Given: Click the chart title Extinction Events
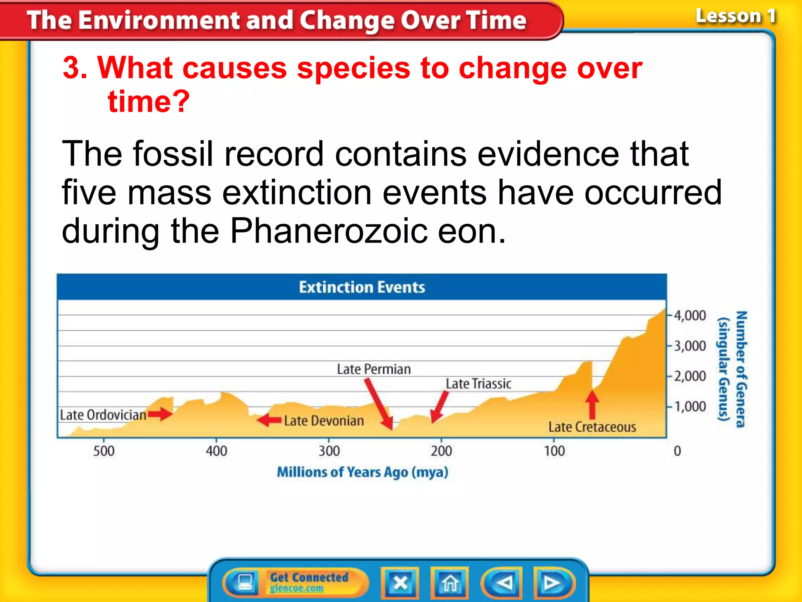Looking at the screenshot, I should click(x=362, y=287).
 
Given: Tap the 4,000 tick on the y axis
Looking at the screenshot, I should click(x=689, y=316).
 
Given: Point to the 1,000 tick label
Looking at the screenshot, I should click(x=689, y=406).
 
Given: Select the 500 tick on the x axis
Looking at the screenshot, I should click(x=104, y=451).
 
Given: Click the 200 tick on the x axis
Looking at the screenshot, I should click(x=441, y=451).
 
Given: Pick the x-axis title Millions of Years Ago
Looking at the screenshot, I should click(x=362, y=472).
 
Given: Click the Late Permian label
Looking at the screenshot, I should click(x=374, y=369).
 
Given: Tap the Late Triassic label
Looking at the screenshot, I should click(x=479, y=384).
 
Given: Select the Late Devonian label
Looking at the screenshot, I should click(x=323, y=421).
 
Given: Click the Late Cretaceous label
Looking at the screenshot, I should click(x=592, y=427).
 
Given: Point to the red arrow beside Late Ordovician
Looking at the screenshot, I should click(x=160, y=414).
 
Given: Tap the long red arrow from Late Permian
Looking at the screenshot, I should click(x=379, y=404).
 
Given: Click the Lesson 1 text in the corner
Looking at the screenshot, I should click(x=735, y=16).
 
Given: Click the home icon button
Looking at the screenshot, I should click(x=450, y=583).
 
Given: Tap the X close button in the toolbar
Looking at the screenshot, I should click(x=400, y=583).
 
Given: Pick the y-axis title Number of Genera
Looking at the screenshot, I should click(x=741, y=369).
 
